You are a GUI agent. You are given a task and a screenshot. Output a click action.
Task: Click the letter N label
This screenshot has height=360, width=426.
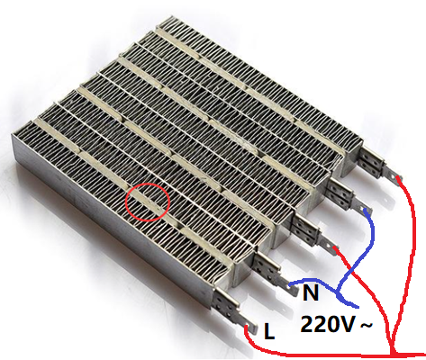click(x=311, y=292)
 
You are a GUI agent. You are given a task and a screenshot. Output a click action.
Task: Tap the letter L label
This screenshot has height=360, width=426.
click(x=269, y=331)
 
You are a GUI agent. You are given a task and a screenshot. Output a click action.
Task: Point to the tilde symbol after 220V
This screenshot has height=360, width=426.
click(x=366, y=325)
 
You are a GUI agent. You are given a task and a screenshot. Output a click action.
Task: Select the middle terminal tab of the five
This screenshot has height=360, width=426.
click(x=329, y=244)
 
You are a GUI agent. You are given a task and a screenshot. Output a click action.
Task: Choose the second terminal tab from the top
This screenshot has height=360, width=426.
click(x=362, y=206)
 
